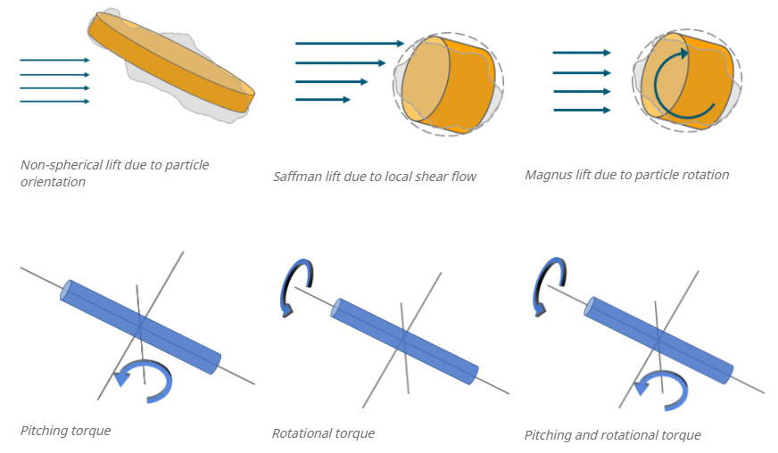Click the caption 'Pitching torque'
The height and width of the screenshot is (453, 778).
point(65,431)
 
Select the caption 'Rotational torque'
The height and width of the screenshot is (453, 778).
point(323,433)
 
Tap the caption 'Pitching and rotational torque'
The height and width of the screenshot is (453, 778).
point(612,435)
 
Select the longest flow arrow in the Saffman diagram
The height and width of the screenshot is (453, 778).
point(350,43)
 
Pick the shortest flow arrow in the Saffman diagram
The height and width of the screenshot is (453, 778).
point(323,99)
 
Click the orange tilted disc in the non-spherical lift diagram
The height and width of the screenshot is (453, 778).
point(170,62)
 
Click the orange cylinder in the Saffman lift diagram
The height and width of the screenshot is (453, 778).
point(451,85)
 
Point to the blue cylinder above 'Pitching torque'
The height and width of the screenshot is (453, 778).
point(140,327)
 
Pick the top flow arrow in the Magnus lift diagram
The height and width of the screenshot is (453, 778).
point(582,54)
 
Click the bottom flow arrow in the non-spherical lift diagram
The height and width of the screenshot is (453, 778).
point(54,102)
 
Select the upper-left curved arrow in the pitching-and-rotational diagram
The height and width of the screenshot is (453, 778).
point(543,284)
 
